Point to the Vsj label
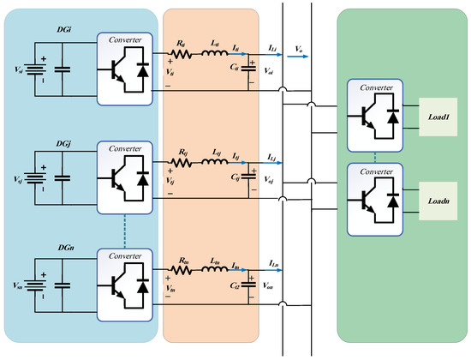pyautogui.click(x=13, y=180)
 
